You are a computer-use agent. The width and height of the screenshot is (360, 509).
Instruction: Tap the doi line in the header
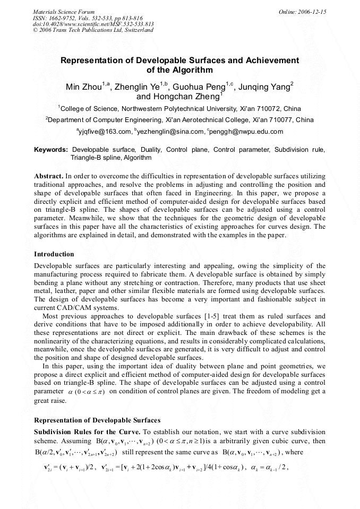click(93, 24)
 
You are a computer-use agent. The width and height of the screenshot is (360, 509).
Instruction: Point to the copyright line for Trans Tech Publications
click(93, 30)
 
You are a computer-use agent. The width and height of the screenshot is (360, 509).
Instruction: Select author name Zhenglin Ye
click(140, 87)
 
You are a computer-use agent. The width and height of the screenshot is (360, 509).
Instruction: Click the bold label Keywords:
click(50, 150)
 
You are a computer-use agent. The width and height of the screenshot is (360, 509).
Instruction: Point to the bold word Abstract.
click(48, 175)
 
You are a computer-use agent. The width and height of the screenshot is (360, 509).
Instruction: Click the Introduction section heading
click(54, 254)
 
